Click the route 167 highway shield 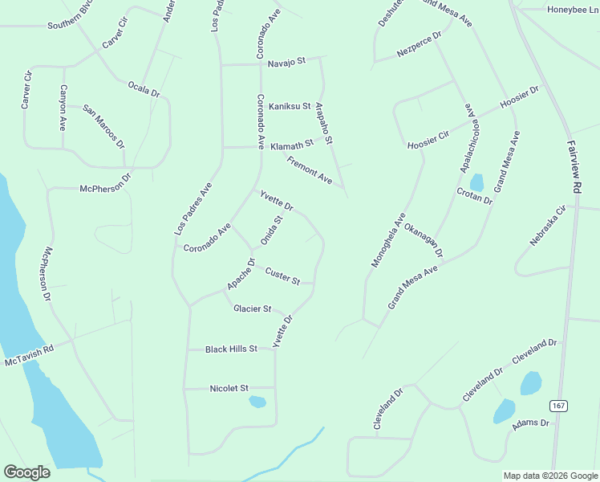coord(558,405)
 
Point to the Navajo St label coord(287,62)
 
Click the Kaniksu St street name coord(289,106)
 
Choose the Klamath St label coord(291,145)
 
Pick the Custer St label coord(282,276)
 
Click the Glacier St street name coord(253,308)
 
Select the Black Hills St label coord(231,349)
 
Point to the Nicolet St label coord(229,388)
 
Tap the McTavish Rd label coord(29,356)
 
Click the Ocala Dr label coord(144,89)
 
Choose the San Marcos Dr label coord(104,126)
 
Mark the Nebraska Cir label coord(548,226)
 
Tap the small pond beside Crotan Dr coord(476,182)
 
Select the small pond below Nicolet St coord(257,402)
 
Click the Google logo coord(26,472)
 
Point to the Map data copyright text coord(549,476)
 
